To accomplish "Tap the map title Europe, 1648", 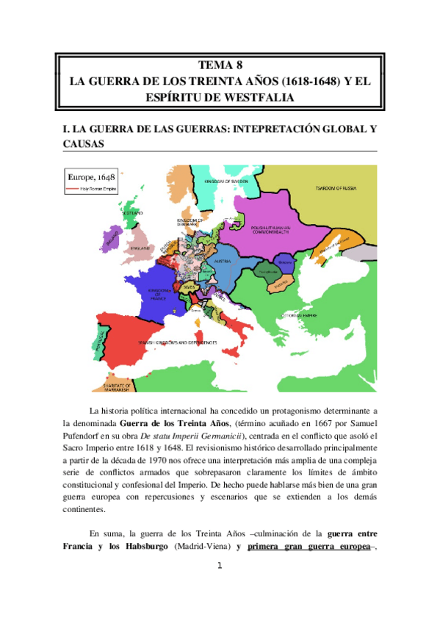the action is pos(95,178).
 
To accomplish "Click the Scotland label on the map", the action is pos(133,214).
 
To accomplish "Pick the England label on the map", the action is pos(141,248).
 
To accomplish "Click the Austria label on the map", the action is pos(223,261).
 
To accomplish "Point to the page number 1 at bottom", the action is pos(220,566).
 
